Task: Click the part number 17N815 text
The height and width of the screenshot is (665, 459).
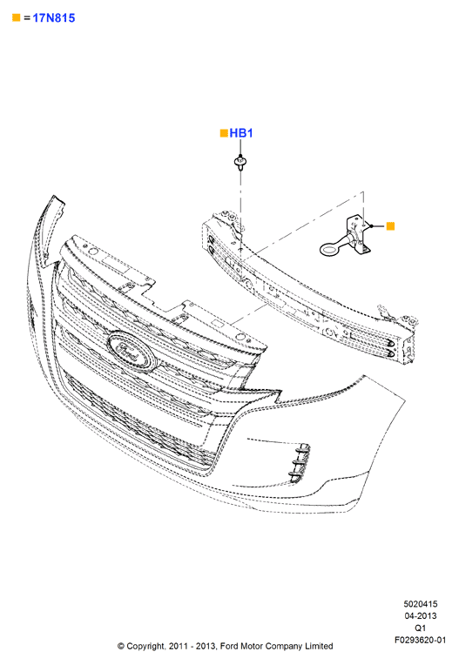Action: [x=54, y=17]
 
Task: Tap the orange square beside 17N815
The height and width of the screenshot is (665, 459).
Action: [x=17, y=17]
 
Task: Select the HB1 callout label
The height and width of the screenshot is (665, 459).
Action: [x=241, y=133]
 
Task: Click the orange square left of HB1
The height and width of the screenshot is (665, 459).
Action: [x=224, y=133]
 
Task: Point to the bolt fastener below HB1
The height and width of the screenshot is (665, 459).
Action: [x=240, y=163]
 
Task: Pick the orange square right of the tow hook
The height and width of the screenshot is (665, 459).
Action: [x=390, y=226]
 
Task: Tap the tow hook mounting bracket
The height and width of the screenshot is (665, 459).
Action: [x=359, y=235]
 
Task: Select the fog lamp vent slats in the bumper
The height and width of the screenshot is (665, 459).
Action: [x=299, y=463]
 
